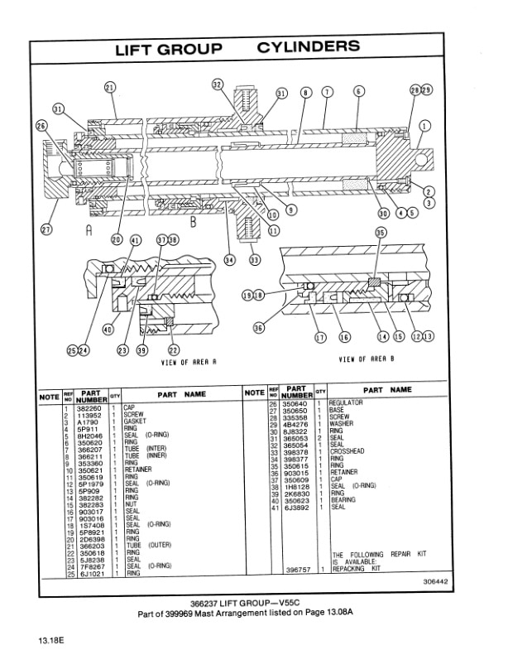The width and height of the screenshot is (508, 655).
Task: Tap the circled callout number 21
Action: (x=110, y=88)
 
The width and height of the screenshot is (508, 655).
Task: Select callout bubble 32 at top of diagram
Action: (x=218, y=84)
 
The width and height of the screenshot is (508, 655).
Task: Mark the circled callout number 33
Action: (x=254, y=260)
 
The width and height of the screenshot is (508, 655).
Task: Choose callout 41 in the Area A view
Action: (x=135, y=240)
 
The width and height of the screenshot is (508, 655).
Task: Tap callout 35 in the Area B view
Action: (x=381, y=234)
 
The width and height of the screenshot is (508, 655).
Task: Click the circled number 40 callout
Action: (x=107, y=329)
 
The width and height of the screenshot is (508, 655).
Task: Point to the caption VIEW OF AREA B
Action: (x=367, y=359)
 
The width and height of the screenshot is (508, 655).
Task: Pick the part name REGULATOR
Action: (x=347, y=402)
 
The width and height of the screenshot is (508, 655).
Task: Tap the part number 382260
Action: (x=89, y=408)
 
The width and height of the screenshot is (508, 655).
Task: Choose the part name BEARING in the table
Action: (x=343, y=499)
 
